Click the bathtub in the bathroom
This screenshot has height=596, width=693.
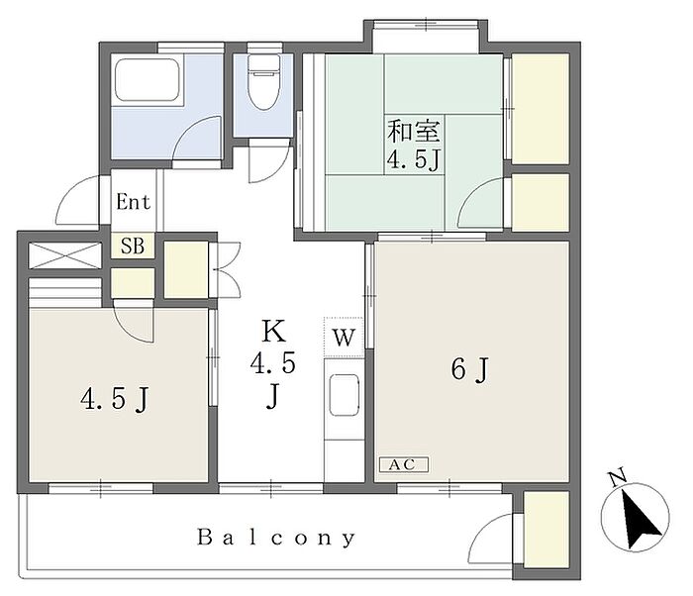pyautogui.click(x=147, y=79)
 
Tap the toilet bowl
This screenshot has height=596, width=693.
pyautogui.click(x=264, y=82)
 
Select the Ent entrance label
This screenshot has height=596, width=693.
pyautogui.click(x=133, y=202)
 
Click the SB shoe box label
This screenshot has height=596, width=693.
pyautogui.click(x=133, y=246)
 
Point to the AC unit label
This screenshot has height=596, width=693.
pyautogui.click(x=404, y=464)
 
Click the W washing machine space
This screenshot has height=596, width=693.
pyautogui.click(x=344, y=337)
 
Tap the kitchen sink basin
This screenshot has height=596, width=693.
pyautogui.click(x=345, y=395)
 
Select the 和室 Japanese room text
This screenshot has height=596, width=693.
pyautogui.click(x=414, y=131)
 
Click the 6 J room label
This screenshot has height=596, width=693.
pyautogui.click(x=470, y=369)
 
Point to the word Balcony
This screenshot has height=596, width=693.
pyautogui.click(x=276, y=538)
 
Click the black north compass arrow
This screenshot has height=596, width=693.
pyautogui.click(x=640, y=518)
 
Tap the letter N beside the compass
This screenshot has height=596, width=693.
pyautogui.click(x=618, y=478)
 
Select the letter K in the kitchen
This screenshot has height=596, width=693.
pyautogui.click(x=273, y=331)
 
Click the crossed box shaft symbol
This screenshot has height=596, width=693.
pyautogui.click(x=65, y=255)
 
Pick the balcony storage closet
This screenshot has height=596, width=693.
pyautogui.click(x=545, y=530)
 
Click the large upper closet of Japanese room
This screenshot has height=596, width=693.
pyautogui.click(x=540, y=109)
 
